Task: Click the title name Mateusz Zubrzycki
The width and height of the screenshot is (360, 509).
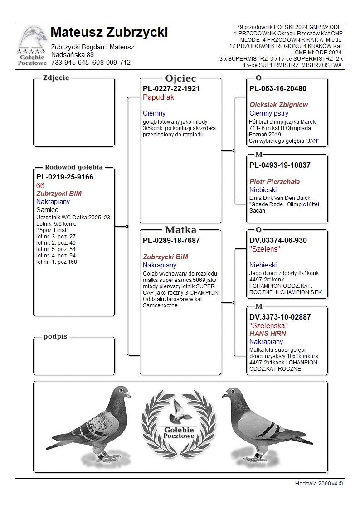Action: coord(109,33)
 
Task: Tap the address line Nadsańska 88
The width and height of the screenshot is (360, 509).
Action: coord(73,55)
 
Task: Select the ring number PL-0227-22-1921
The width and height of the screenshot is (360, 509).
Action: coord(171,89)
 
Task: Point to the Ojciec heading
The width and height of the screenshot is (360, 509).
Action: coord(180,78)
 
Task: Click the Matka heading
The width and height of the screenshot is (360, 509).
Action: coord(180,230)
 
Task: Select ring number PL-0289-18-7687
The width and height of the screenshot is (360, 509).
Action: coord(171,241)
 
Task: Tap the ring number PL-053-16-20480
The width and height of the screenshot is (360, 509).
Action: coord(278,89)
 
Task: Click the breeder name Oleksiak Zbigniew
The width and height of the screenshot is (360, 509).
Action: coord(278,105)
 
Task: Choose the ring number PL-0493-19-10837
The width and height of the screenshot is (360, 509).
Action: coord(280,165)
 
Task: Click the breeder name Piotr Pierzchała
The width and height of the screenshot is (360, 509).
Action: coord(274,182)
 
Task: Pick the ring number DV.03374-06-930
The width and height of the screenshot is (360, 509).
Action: coord(278,241)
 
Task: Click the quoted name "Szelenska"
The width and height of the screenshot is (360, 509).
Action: coord(268,325)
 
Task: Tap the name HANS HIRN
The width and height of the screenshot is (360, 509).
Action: coord(268,334)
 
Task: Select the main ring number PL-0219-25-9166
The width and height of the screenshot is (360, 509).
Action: coord(65,177)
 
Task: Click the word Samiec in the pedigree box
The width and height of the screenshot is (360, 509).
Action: coord(47,210)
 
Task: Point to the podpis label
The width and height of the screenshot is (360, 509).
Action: coord(55,337)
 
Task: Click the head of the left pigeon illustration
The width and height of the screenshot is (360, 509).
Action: coord(121,393)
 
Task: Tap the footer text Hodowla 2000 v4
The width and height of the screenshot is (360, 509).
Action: coord(318,484)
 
